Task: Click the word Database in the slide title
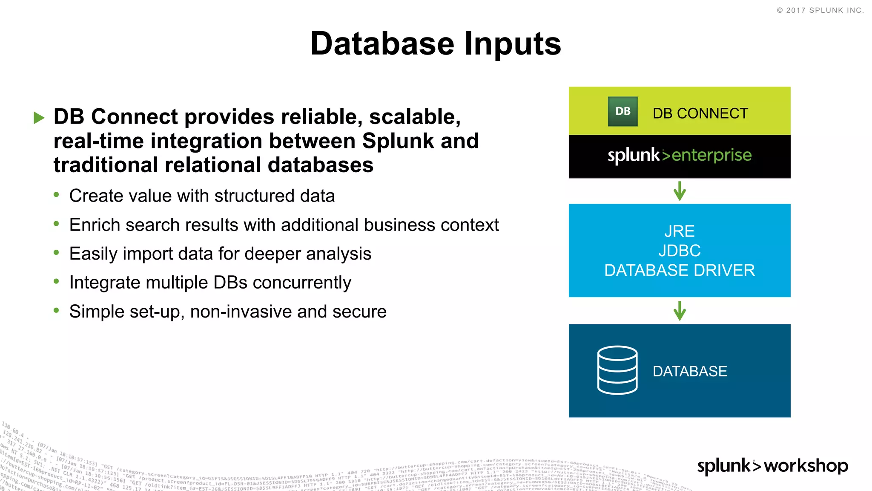(382, 44)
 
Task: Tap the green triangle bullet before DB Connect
(39, 118)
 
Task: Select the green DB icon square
(622, 111)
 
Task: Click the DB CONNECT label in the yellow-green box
(700, 113)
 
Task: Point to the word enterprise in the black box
(711, 155)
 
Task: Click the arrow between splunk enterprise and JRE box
(680, 191)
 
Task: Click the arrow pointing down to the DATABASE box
(680, 311)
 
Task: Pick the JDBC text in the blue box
(680, 251)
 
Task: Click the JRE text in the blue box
(680, 231)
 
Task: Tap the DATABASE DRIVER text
(680, 270)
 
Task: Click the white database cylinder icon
(617, 370)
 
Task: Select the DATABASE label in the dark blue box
(690, 371)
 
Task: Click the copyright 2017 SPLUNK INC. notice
(820, 10)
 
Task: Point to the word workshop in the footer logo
(806, 465)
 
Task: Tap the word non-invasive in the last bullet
(241, 312)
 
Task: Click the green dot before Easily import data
(56, 253)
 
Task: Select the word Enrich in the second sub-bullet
(95, 225)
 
